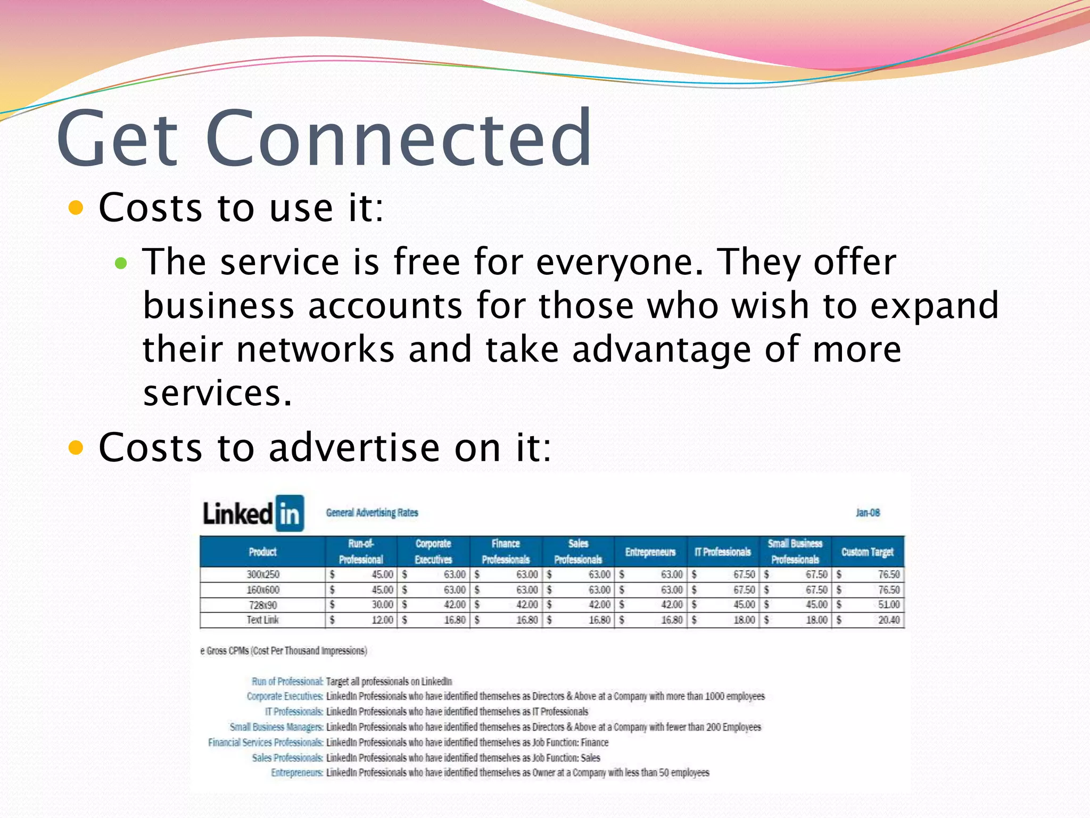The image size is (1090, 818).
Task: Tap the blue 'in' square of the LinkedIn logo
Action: click(x=290, y=513)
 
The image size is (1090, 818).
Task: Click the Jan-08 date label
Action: click(x=868, y=513)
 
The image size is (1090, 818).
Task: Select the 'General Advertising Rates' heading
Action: click(x=372, y=513)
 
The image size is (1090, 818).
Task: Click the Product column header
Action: click(x=263, y=552)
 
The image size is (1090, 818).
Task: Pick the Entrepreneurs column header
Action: click(x=650, y=552)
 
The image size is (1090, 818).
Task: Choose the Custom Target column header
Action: click(x=868, y=552)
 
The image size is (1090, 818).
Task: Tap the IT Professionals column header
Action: click(x=723, y=552)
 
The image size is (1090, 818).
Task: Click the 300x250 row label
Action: click(x=263, y=575)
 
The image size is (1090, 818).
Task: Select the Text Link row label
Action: click(x=263, y=620)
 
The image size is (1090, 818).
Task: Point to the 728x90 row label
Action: click(x=263, y=605)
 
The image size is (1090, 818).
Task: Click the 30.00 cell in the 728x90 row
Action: click(x=382, y=605)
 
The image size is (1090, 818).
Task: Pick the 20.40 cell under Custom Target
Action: click(x=889, y=620)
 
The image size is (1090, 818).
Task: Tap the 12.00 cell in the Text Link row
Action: click(x=382, y=620)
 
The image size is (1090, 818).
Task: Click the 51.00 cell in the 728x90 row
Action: click(x=889, y=605)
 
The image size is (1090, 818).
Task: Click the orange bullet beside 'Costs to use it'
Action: click(x=77, y=208)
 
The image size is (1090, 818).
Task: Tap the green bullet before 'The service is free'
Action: click(x=121, y=263)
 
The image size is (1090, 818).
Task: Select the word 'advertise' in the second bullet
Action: click(x=354, y=447)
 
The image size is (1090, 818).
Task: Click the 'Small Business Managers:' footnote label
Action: click(x=276, y=727)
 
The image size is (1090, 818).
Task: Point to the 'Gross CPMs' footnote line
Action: click(x=284, y=651)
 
